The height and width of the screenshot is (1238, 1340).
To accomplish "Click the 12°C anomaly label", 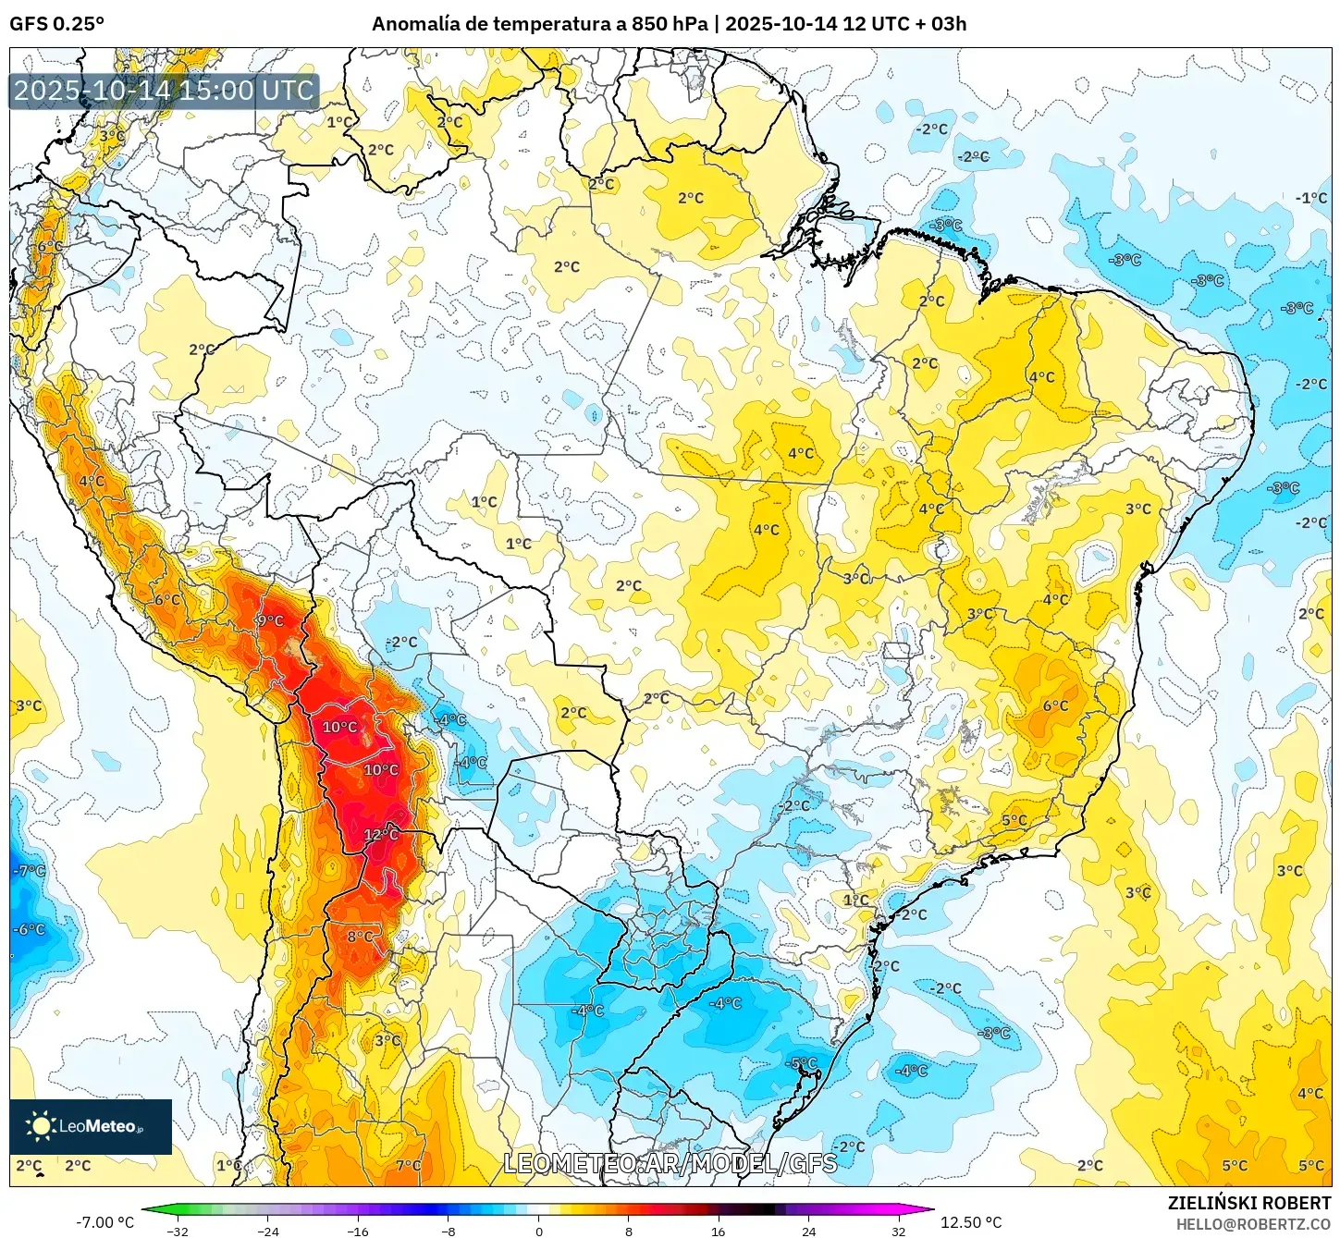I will [381, 835].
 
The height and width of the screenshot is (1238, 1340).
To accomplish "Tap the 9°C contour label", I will [270, 620].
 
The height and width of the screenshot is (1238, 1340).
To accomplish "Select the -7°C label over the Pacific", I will [29, 871].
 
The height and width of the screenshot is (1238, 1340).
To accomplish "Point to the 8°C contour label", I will [361, 937].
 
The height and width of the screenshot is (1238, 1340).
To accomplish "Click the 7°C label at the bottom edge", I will [409, 1166].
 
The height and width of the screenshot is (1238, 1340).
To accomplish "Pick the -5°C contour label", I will [803, 1063].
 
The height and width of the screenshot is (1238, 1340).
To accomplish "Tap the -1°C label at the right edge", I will [1311, 198].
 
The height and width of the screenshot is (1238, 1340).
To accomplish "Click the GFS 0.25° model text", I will [56, 24].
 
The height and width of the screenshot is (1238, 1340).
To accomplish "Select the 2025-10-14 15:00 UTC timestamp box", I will [164, 91].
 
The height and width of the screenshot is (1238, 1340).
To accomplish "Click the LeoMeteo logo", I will [90, 1126].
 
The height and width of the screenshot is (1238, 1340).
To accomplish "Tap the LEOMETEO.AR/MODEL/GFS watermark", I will [670, 1163].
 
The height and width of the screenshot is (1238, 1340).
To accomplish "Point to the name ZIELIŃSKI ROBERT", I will [1248, 1203].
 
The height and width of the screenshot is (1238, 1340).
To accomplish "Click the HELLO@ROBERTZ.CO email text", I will [1253, 1224].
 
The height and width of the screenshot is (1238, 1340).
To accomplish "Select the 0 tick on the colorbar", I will [539, 1231].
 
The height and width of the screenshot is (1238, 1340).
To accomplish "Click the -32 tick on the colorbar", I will [177, 1231].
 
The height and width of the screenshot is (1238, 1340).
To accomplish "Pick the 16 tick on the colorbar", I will [719, 1231].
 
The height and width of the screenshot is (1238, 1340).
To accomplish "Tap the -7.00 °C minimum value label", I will [104, 1222].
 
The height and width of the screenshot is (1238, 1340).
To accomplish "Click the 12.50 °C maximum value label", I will [971, 1222].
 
